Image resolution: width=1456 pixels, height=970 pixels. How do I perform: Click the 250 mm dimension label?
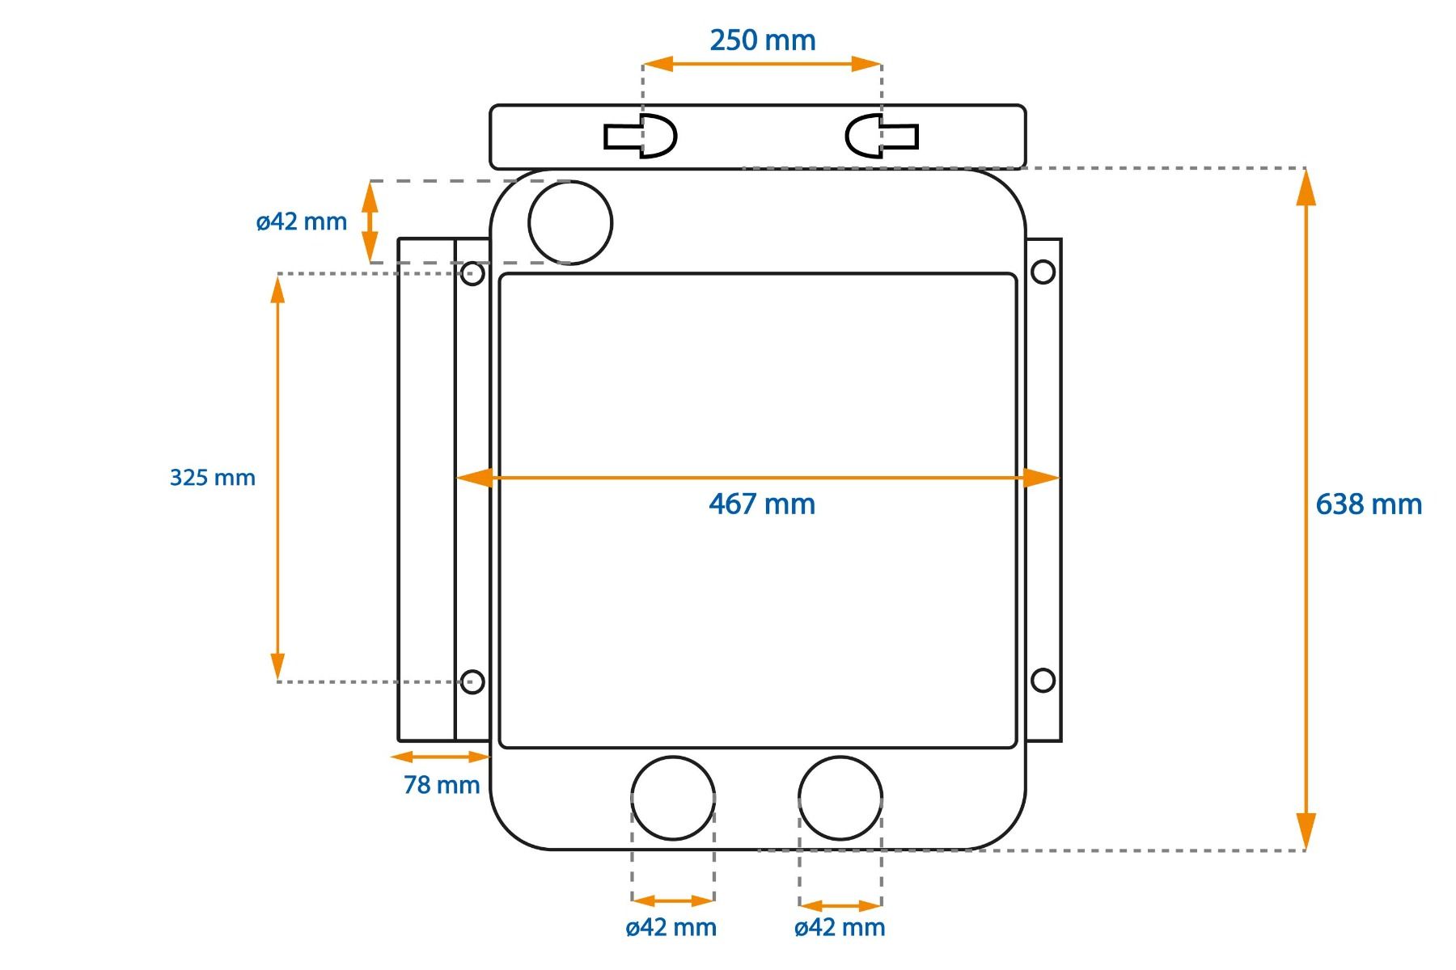pos(763,40)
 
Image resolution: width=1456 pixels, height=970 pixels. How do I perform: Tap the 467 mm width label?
pos(762,504)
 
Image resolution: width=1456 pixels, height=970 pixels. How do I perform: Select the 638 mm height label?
pos(1369,504)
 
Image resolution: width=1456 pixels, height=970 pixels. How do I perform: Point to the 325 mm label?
pos(212,478)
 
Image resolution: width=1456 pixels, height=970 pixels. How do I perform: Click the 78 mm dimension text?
pos(442,785)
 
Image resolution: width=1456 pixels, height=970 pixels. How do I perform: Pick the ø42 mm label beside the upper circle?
pos(302,221)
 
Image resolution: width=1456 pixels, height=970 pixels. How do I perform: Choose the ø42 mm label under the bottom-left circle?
pos(671,927)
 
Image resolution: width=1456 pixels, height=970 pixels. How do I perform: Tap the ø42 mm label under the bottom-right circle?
pos(840,927)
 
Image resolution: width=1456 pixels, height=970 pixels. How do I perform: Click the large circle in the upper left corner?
pos(570,181)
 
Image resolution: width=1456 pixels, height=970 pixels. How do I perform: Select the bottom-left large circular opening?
pos(673,757)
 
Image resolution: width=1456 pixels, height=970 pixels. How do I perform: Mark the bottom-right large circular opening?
pos(840,757)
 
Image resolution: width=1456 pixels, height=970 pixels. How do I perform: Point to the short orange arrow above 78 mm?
pos(440,757)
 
